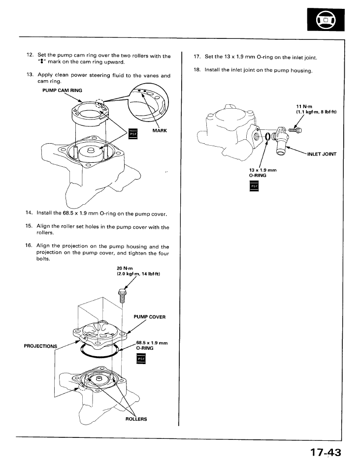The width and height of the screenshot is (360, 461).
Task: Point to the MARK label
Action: [x=161, y=131]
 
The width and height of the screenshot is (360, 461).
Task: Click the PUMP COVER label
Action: [x=149, y=317]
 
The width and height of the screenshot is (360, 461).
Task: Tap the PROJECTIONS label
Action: [x=41, y=345]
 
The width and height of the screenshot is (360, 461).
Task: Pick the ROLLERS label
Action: [x=136, y=419]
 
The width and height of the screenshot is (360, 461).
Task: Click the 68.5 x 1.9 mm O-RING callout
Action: [x=151, y=345]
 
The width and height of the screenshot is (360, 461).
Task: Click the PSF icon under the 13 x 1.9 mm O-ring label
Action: [x=254, y=186]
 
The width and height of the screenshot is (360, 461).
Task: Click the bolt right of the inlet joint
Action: [x=295, y=130]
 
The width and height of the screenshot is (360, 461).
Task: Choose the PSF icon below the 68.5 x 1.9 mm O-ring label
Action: [x=140, y=360]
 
